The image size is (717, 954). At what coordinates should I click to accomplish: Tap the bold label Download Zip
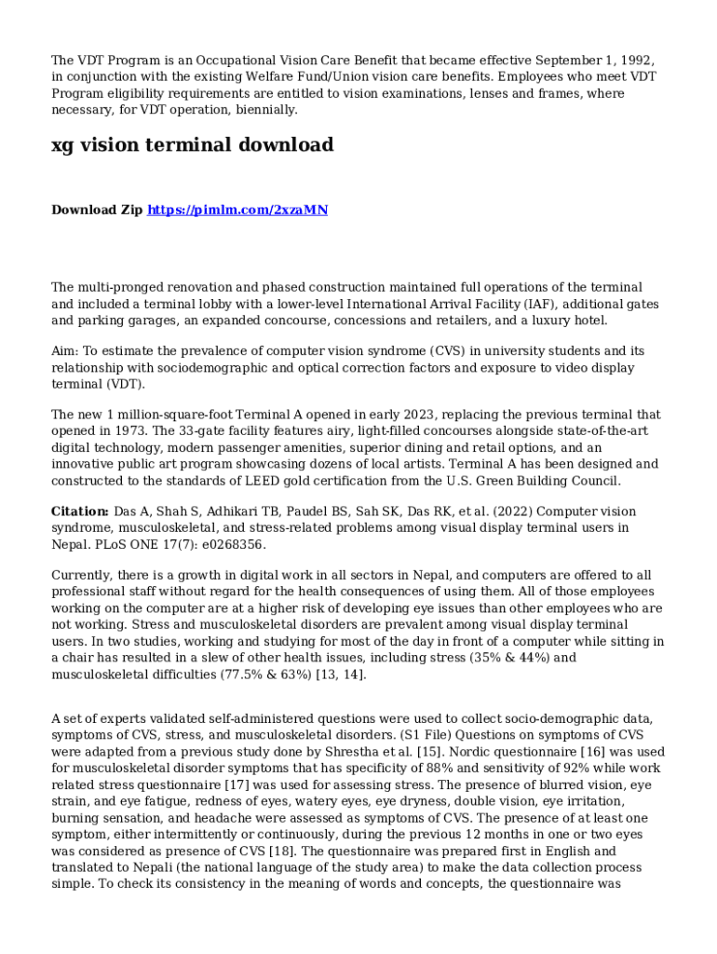pyautogui.click(x=97, y=211)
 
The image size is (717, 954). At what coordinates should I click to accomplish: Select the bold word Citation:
pyautogui.click(x=80, y=511)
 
